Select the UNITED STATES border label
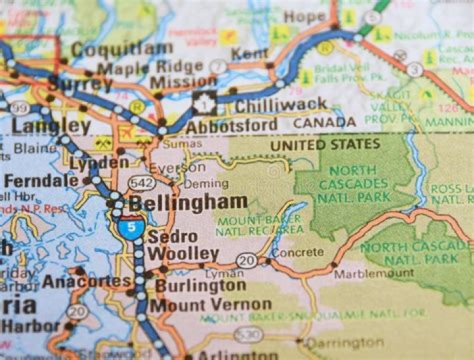[x=325, y=144]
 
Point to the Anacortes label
[x=87, y=282]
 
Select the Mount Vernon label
[x=211, y=305]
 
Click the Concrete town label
[x=298, y=252]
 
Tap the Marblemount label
[x=374, y=273]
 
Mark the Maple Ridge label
[x=150, y=67]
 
